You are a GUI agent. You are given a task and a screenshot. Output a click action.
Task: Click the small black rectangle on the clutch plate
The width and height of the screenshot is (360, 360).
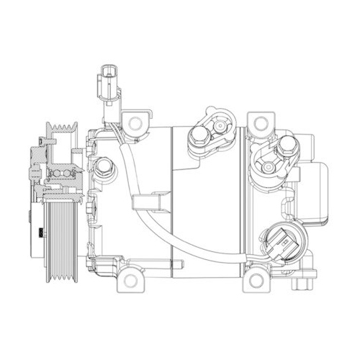pos(40,232)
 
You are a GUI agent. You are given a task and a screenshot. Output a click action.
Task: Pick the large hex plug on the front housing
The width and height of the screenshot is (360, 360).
pos(105,167)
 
